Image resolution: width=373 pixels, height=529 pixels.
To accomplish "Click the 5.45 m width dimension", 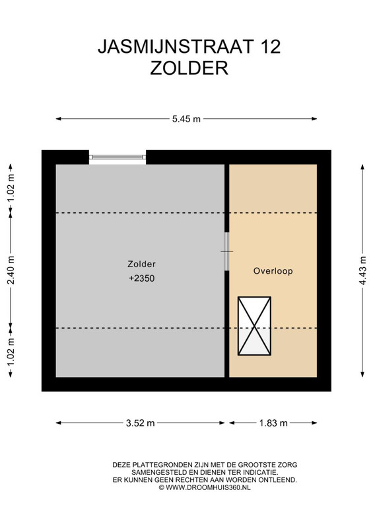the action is pos(186,119).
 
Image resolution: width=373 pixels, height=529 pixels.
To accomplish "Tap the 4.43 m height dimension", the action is pos(362,270).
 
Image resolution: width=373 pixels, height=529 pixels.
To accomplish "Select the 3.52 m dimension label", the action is pos(140,423).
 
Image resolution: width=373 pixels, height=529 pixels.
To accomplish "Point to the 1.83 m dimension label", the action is pos(273,423).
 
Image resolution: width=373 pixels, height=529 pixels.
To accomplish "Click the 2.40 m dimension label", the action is pos(11,270).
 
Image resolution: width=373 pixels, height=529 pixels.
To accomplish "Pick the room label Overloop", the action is pos(273,271).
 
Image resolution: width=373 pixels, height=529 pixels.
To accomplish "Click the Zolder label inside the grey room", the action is pos(141,264).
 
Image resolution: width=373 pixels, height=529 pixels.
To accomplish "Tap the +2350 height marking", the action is pos(142,278).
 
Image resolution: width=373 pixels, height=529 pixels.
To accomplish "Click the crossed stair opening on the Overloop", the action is pos(254,326).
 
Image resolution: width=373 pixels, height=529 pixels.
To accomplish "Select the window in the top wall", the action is pos(118,157).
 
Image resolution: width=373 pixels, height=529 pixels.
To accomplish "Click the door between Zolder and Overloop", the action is pos(226,251).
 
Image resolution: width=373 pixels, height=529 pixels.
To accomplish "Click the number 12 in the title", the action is pos(270,46).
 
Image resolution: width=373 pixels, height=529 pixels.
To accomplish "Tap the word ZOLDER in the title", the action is pos(189,68).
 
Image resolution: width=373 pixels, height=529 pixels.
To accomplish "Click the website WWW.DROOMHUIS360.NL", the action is pos(208,487).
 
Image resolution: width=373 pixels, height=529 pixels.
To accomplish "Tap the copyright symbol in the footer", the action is pos(161,487).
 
